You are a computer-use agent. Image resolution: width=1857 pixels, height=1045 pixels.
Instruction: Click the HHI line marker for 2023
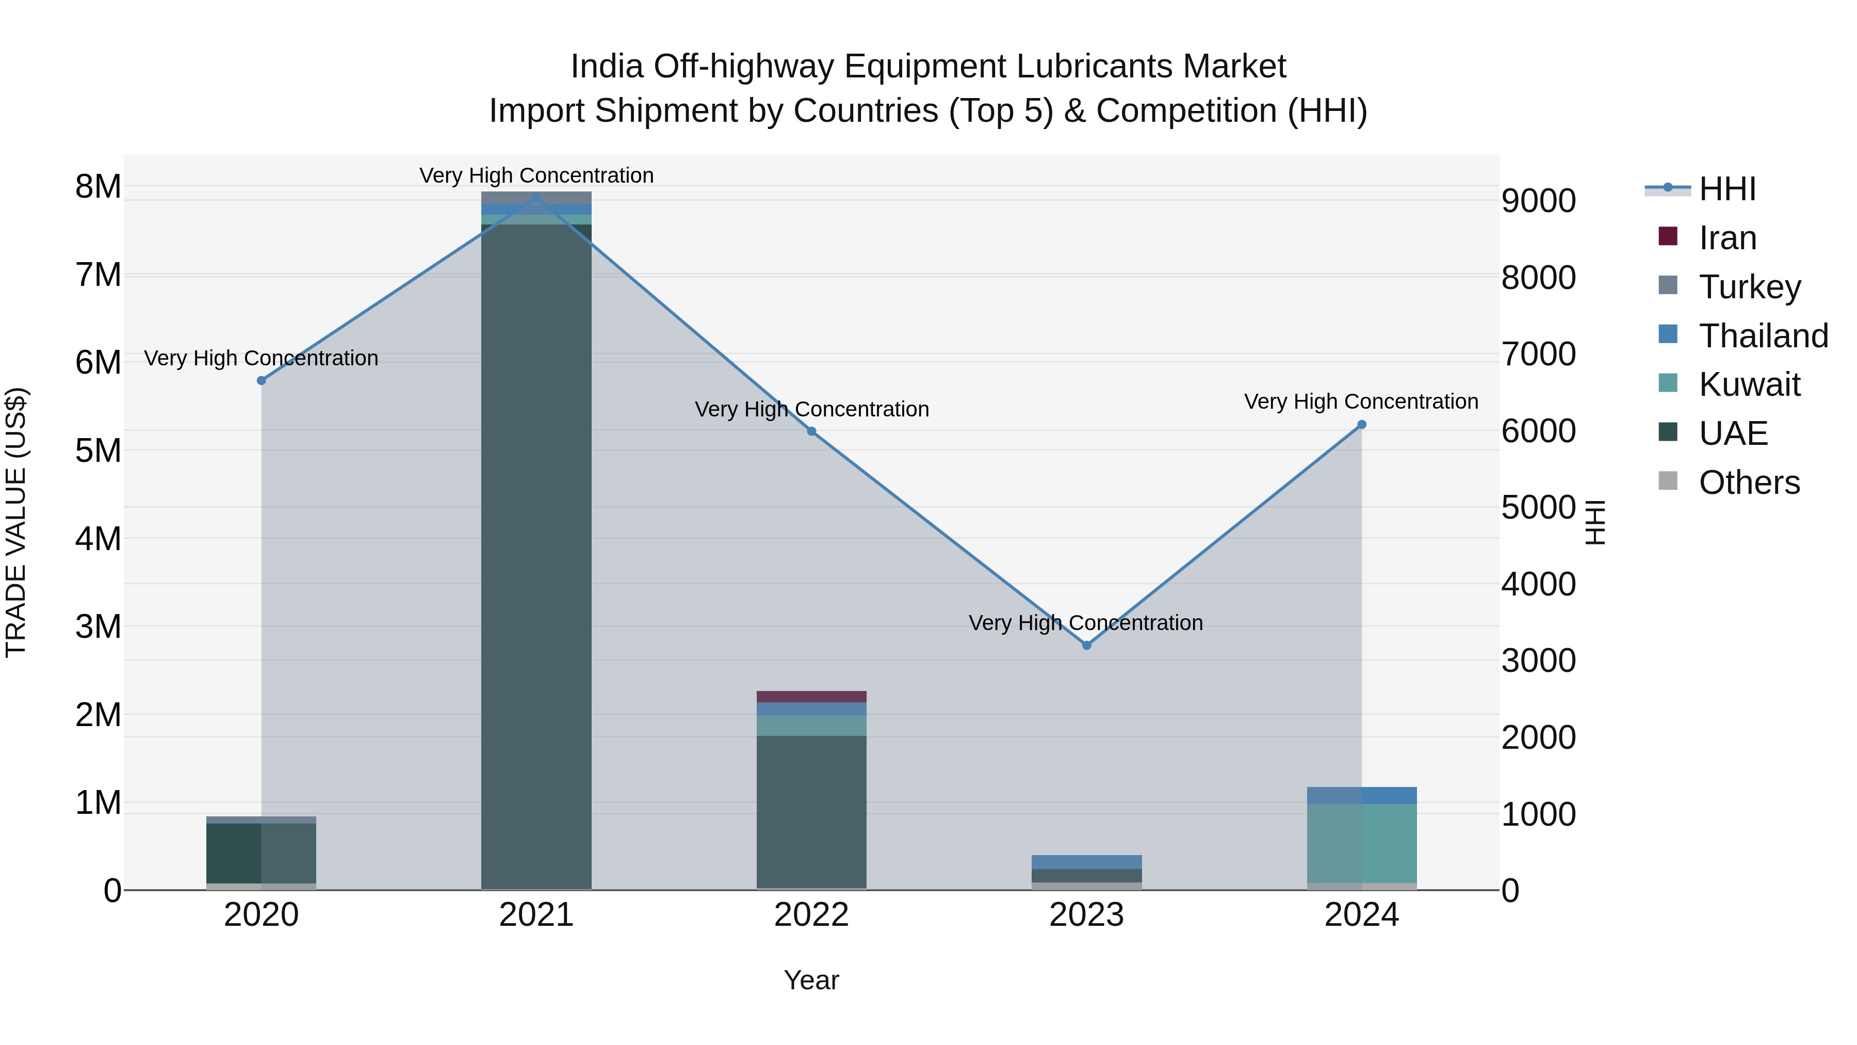click(x=1086, y=645)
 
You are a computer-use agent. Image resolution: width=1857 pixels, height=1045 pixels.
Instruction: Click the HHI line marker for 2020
click(x=262, y=380)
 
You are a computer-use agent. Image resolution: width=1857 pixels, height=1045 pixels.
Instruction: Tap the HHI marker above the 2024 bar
click(x=1361, y=425)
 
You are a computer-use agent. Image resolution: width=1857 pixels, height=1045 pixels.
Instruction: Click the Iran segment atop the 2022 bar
click(x=811, y=696)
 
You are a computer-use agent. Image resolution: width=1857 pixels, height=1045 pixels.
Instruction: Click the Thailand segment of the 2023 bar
click(x=1086, y=862)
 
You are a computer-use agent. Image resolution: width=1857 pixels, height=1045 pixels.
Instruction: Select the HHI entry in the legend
click(x=1726, y=189)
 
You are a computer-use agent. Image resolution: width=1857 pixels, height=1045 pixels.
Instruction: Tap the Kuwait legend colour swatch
click(x=1667, y=383)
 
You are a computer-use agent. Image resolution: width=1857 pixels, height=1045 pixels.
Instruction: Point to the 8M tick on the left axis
click(x=99, y=186)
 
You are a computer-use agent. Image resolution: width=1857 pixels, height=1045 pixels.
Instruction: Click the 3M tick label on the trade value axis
click(x=99, y=626)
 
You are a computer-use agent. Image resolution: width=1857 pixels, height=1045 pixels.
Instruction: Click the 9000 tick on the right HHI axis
click(x=1538, y=201)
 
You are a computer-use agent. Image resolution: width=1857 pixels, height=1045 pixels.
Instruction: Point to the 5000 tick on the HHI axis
click(x=1538, y=507)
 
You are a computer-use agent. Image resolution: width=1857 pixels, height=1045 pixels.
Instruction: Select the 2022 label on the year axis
click(x=811, y=914)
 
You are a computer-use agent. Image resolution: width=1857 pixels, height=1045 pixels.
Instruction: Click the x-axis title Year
click(x=811, y=980)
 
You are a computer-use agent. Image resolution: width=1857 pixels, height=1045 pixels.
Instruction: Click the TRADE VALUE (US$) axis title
click(x=16, y=522)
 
